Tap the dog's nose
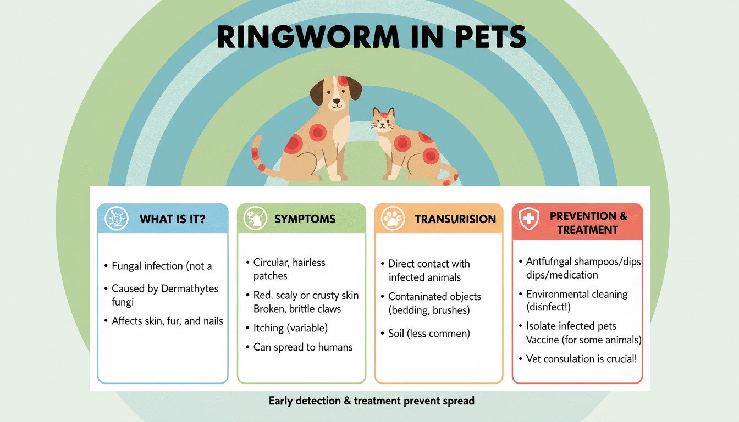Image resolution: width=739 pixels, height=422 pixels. (335, 102)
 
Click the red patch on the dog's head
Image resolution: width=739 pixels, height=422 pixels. (344, 81)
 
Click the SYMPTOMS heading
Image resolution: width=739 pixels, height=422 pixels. (305, 219)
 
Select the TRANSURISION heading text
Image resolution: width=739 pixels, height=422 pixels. (455, 219)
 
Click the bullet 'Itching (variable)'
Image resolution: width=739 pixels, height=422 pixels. (290, 328)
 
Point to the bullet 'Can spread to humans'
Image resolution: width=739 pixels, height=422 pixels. (303, 347)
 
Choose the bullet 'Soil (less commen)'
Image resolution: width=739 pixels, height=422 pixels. (429, 334)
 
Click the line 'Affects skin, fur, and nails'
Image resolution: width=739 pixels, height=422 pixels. (167, 321)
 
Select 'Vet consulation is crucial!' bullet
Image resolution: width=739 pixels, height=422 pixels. (582, 359)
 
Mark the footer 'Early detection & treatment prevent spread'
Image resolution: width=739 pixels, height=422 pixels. (371, 401)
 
